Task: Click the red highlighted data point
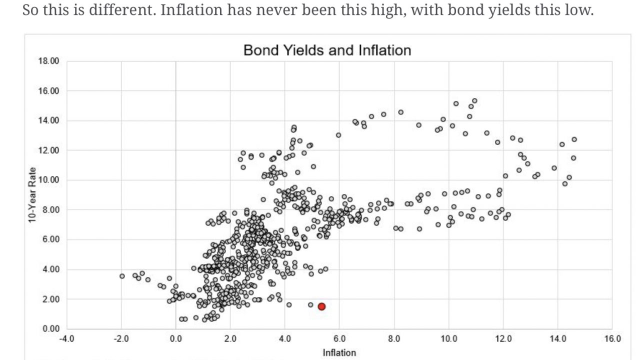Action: (x=321, y=306)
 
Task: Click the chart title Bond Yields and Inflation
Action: (x=327, y=50)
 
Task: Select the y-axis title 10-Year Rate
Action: (x=32, y=195)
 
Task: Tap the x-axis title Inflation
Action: (x=339, y=352)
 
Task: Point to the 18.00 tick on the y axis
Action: (x=48, y=61)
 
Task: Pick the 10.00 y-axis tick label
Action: (x=48, y=180)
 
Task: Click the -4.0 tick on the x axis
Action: (x=66, y=339)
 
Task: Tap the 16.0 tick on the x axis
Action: (x=612, y=339)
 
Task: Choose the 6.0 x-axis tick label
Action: (x=339, y=339)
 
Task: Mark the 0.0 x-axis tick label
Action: (x=176, y=339)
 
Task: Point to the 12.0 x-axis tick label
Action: (x=503, y=339)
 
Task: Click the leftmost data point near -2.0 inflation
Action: (x=122, y=276)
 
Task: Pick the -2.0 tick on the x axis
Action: (x=121, y=339)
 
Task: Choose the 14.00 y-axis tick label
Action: (x=48, y=120)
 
